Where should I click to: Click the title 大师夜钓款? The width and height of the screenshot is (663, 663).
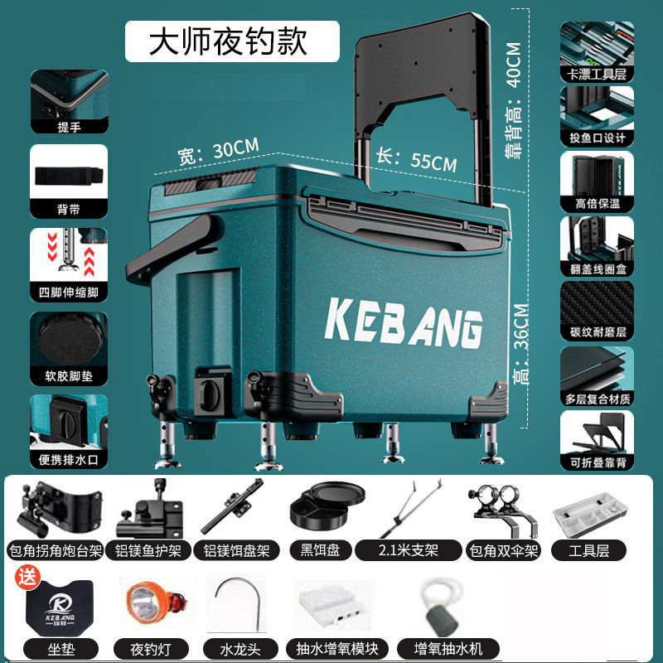(228, 41)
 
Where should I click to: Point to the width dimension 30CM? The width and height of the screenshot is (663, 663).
(218, 152)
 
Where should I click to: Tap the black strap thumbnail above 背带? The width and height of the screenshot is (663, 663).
(70, 177)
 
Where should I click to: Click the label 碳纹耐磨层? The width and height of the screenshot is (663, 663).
(597, 332)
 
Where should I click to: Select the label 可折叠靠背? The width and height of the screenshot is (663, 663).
(597, 462)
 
